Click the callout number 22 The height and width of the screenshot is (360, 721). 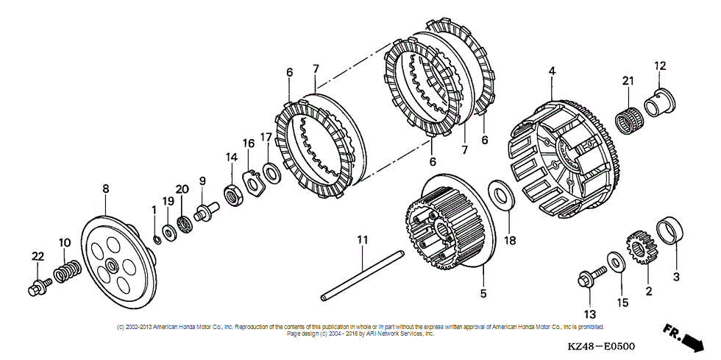(x=38, y=255)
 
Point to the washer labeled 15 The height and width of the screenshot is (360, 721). (x=614, y=261)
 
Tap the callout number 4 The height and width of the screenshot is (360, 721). (x=551, y=71)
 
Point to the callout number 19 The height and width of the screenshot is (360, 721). (x=168, y=202)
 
